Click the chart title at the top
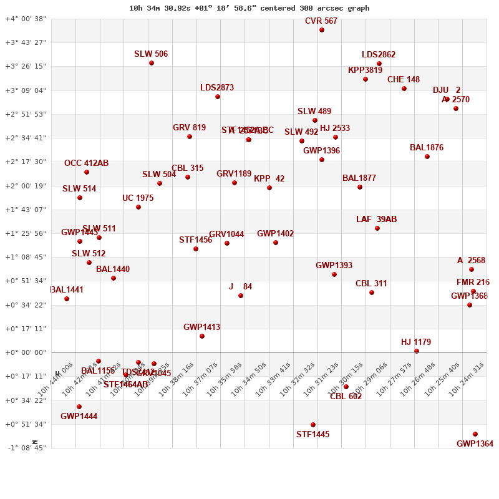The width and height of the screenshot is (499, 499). pyautogui.click(x=249, y=8)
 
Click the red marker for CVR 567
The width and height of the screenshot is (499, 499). pyautogui.click(x=322, y=30)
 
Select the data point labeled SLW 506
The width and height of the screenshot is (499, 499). pyautogui.click(x=152, y=63)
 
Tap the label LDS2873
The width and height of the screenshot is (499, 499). pyautogui.click(x=217, y=88)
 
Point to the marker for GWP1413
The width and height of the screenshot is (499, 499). pyautogui.click(x=202, y=336)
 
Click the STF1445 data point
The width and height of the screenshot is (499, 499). pyautogui.click(x=313, y=425)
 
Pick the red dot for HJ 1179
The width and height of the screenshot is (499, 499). pyautogui.click(x=417, y=351)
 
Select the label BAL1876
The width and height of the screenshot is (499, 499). pyautogui.click(x=427, y=148)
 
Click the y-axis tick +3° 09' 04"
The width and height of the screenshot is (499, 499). pyautogui.click(x=26, y=90)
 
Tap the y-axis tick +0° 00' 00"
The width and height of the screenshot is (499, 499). pyautogui.click(x=26, y=352)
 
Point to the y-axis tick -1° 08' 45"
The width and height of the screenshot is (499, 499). pyautogui.click(x=26, y=448)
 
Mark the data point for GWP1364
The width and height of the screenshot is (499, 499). pyautogui.click(x=475, y=434)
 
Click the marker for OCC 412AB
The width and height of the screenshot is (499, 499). pyautogui.click(x=87, y=172)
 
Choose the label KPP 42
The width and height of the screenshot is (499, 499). pyautogui.click(x=269, y=179)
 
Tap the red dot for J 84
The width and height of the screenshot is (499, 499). pyautogui.click(x=241, y=296)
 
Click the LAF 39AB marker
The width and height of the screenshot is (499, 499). pyautogui.click(x=377, y=228)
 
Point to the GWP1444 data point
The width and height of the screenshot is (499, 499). pyautogui.click(x=79, y=407)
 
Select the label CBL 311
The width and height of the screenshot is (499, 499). pyautogui.click(x=371, y=284)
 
